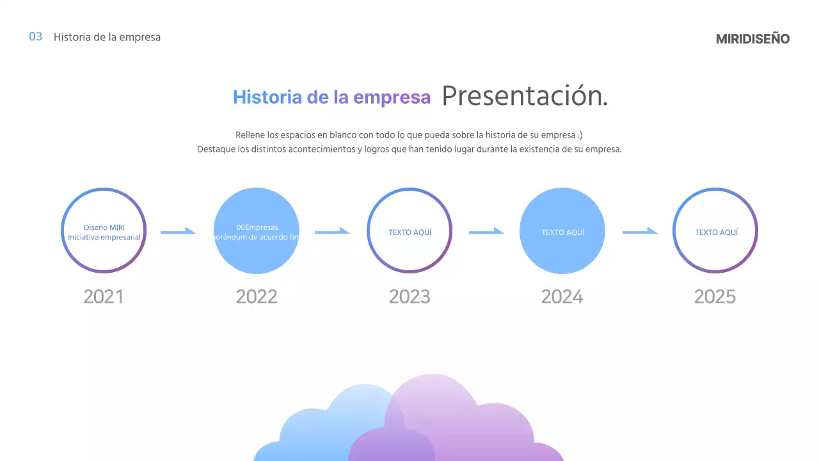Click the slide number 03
pos(36,37)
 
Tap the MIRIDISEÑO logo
pos(752,39)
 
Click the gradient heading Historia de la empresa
pos(331,97)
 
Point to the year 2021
pos(103,297)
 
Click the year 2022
pos(257,297)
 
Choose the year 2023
pos(409,297)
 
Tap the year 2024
pos(562,297)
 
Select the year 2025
pos(715,297)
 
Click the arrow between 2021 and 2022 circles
pos(178,231)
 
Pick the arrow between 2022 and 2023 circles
pos(332,231)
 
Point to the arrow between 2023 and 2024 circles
pos(486,231)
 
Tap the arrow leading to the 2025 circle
pos(640,231)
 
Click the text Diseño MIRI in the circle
pos(104,227)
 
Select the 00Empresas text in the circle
pos(257,227)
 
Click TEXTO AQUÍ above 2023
pos(410,232)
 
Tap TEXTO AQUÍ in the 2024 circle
pos(563,232)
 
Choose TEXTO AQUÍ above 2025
pos(717,232)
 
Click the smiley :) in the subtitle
pos(579,135)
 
